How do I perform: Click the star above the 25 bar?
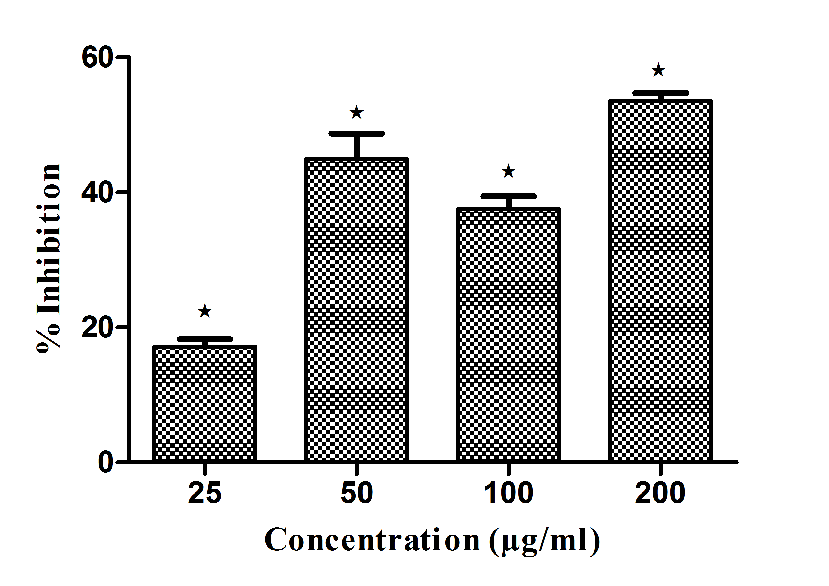(x=205, y=311)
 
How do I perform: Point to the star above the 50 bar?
(x=357, y=113)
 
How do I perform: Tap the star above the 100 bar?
(x=508, y=171)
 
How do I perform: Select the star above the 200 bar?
(x=659, y=70)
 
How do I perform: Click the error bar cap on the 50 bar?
(x=357, y=134)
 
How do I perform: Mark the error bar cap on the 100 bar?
(x=508, y=196)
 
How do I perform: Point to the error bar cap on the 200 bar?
(x=660, y=94)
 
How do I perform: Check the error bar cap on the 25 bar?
(x=205, y=339)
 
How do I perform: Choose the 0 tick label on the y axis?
(x=106, y=462)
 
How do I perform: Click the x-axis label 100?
(x=508, y=493)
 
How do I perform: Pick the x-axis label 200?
(x=660, y=493)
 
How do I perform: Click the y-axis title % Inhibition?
(x=49, y=259)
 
